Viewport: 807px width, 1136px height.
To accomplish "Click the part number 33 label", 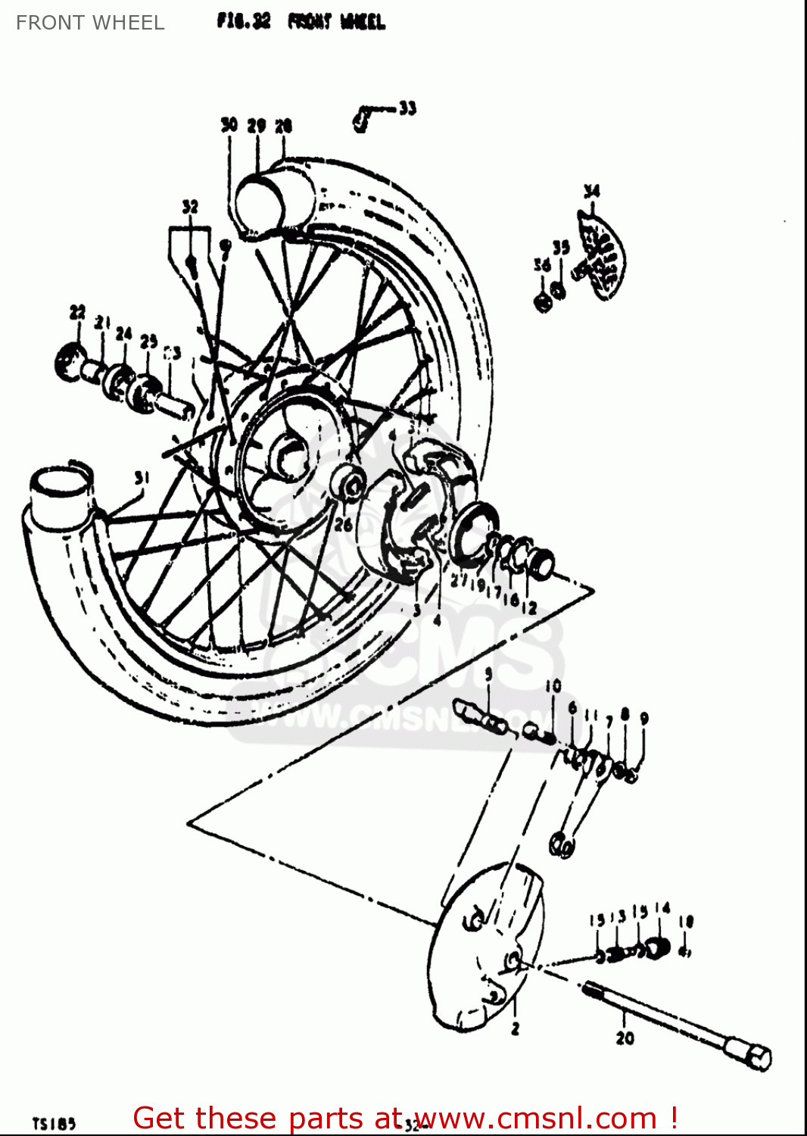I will click(x=407, y=108).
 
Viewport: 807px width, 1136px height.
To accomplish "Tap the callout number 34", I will click(x=591, y=191).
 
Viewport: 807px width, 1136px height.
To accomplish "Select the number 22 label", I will click(x=77, y=312).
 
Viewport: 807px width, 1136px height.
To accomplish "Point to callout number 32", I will click(x=190, y=207).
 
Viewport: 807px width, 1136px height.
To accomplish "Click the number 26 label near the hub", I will click(x=343, y=524).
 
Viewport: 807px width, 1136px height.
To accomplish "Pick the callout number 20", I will click(x=625, y=1038).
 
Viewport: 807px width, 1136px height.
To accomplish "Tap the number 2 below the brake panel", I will click(x=515, y=1028).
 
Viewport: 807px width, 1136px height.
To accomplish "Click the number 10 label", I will click(x=553, y=686).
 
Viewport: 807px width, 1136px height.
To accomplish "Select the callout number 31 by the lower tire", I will click(x=142, y=478).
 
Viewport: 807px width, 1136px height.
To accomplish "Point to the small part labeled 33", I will click(x=363, y=120).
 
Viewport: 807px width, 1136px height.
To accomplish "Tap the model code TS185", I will click(x=54, y=1123).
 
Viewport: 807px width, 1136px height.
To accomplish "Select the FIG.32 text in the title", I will click(x=243, y=21).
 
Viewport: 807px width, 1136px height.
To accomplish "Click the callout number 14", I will click(x=662, y=908).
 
